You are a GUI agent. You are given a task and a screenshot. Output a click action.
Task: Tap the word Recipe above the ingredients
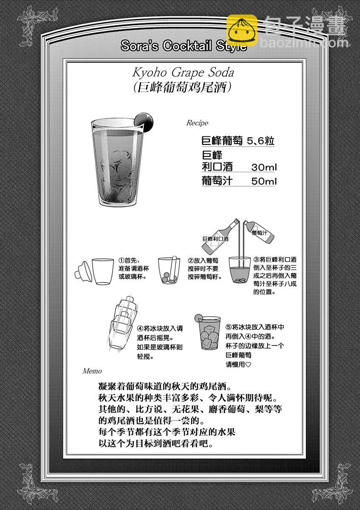coord(197,123)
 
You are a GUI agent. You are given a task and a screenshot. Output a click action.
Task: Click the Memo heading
coord(92,371)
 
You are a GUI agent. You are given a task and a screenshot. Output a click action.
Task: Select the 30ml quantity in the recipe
coord(264,167)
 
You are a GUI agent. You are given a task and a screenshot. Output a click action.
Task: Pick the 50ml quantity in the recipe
coord(264,181)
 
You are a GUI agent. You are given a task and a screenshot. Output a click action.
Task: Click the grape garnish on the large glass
coord(144,122)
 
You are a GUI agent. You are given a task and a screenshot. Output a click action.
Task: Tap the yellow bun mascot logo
coord(242,30)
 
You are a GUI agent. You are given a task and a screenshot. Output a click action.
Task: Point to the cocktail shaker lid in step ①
coord(83,272)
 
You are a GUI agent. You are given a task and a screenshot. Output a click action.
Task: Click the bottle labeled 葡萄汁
coord(259,232)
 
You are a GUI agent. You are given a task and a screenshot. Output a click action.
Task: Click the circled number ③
coord(256,259)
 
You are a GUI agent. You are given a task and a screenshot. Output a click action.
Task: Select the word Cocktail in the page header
coord(187,45)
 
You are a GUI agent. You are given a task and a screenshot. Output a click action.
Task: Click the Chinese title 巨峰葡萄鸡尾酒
coord(182,88)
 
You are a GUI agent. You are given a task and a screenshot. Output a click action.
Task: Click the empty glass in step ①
coord(103,272)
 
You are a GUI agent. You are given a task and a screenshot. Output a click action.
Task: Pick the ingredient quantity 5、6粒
coord(261,141)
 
